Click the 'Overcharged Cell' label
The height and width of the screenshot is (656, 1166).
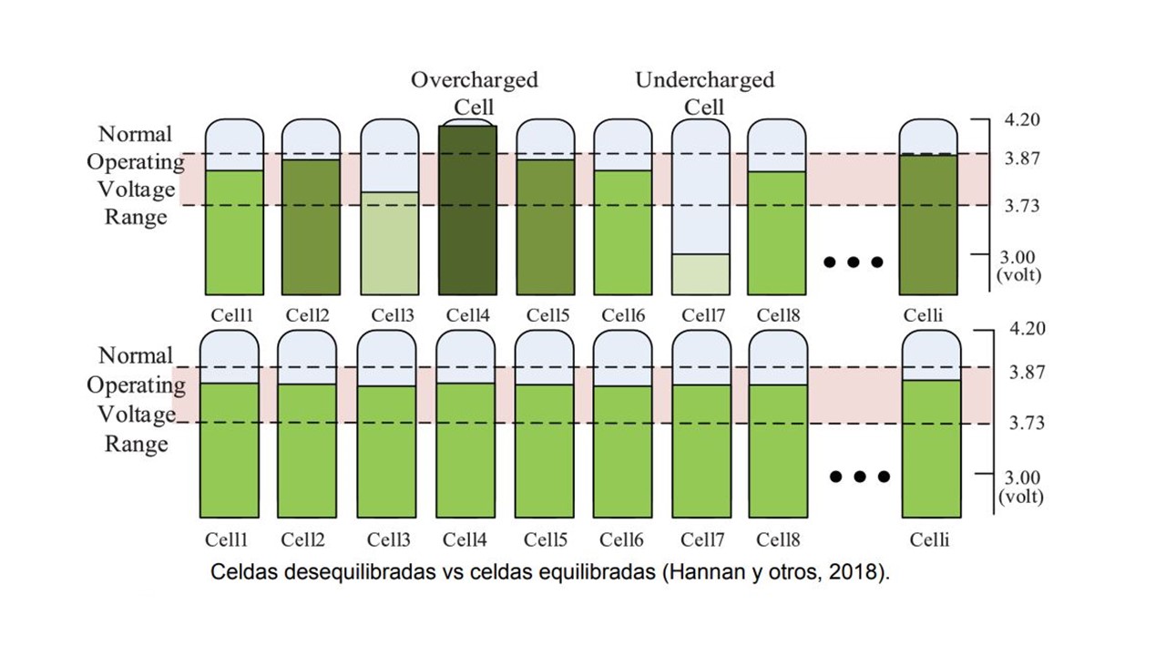pos(474,92)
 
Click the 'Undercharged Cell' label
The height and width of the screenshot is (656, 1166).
pos(704,92)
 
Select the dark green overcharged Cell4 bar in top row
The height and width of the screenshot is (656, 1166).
pos(467,210)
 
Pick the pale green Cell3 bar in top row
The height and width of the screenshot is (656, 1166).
pos(390,242)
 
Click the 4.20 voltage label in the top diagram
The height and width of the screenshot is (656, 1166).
pos(1020,119)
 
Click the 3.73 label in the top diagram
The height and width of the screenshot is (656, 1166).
pos(1020,206)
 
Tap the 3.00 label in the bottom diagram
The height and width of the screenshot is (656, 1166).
pos(1020,478)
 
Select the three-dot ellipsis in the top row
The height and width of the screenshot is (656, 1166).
pos(853,262)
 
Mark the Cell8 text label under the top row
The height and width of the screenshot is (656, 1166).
pos(777,315)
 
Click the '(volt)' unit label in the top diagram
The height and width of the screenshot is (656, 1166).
pos(1020,274)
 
